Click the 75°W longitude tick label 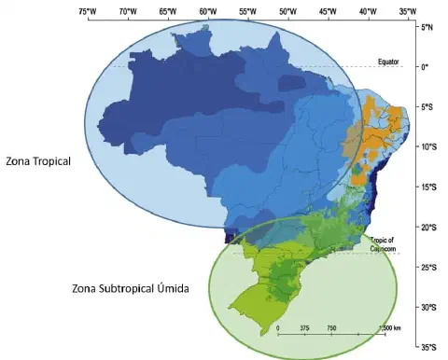pos(89,12)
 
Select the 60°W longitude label pos(208,12)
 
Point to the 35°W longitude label pos(408,12)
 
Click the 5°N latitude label pos(428,28)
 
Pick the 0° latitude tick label pos(427,67)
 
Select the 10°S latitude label pos(429,147)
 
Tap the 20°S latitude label pos(429,228)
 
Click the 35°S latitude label pos(429,348)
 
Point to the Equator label pos(388,62)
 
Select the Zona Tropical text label pos(38,161)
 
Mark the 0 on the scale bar pos(278,328)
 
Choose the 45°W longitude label pos(328,12)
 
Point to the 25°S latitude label pos(429,268)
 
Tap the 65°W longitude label pos(168,12)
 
